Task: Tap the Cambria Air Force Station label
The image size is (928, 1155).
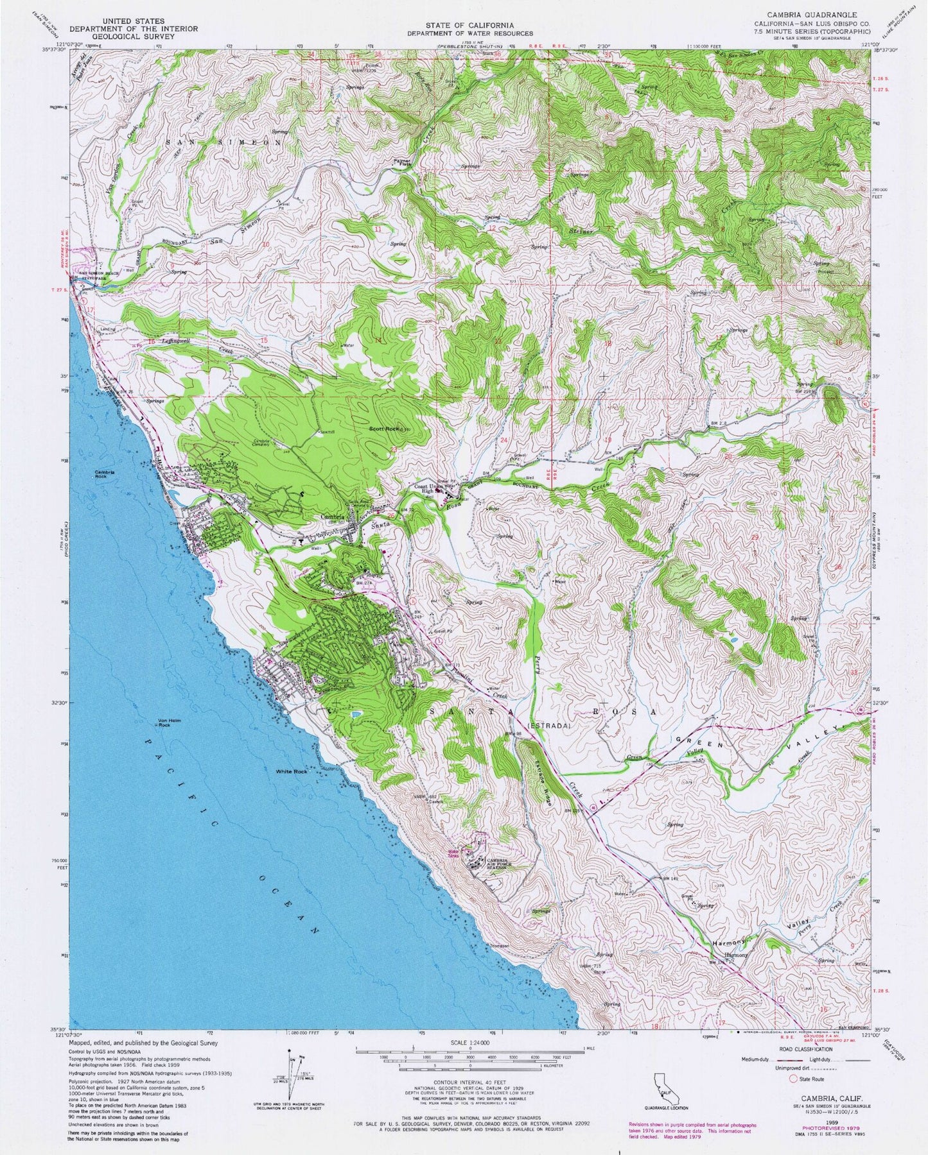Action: (498, 863)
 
